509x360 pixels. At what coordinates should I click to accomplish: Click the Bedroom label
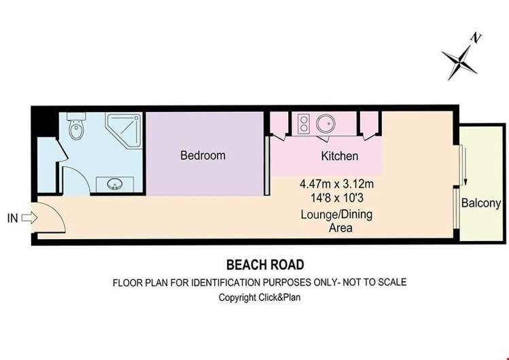(x=203, y=156)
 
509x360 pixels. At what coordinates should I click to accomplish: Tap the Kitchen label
(x=339, y=156)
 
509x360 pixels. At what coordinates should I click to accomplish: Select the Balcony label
(x=481, y=203)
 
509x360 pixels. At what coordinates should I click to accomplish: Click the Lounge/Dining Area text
(x=337, y=221)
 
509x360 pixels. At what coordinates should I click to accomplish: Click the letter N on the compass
(x=477, y=38)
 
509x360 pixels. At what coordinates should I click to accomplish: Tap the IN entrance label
(x=12, y=218)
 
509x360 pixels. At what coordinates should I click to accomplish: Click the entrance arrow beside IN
(x=27, y=218)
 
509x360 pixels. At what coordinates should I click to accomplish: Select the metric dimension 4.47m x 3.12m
(x=338, y=184)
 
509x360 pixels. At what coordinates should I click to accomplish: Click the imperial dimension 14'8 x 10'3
(x=338, y=198)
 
